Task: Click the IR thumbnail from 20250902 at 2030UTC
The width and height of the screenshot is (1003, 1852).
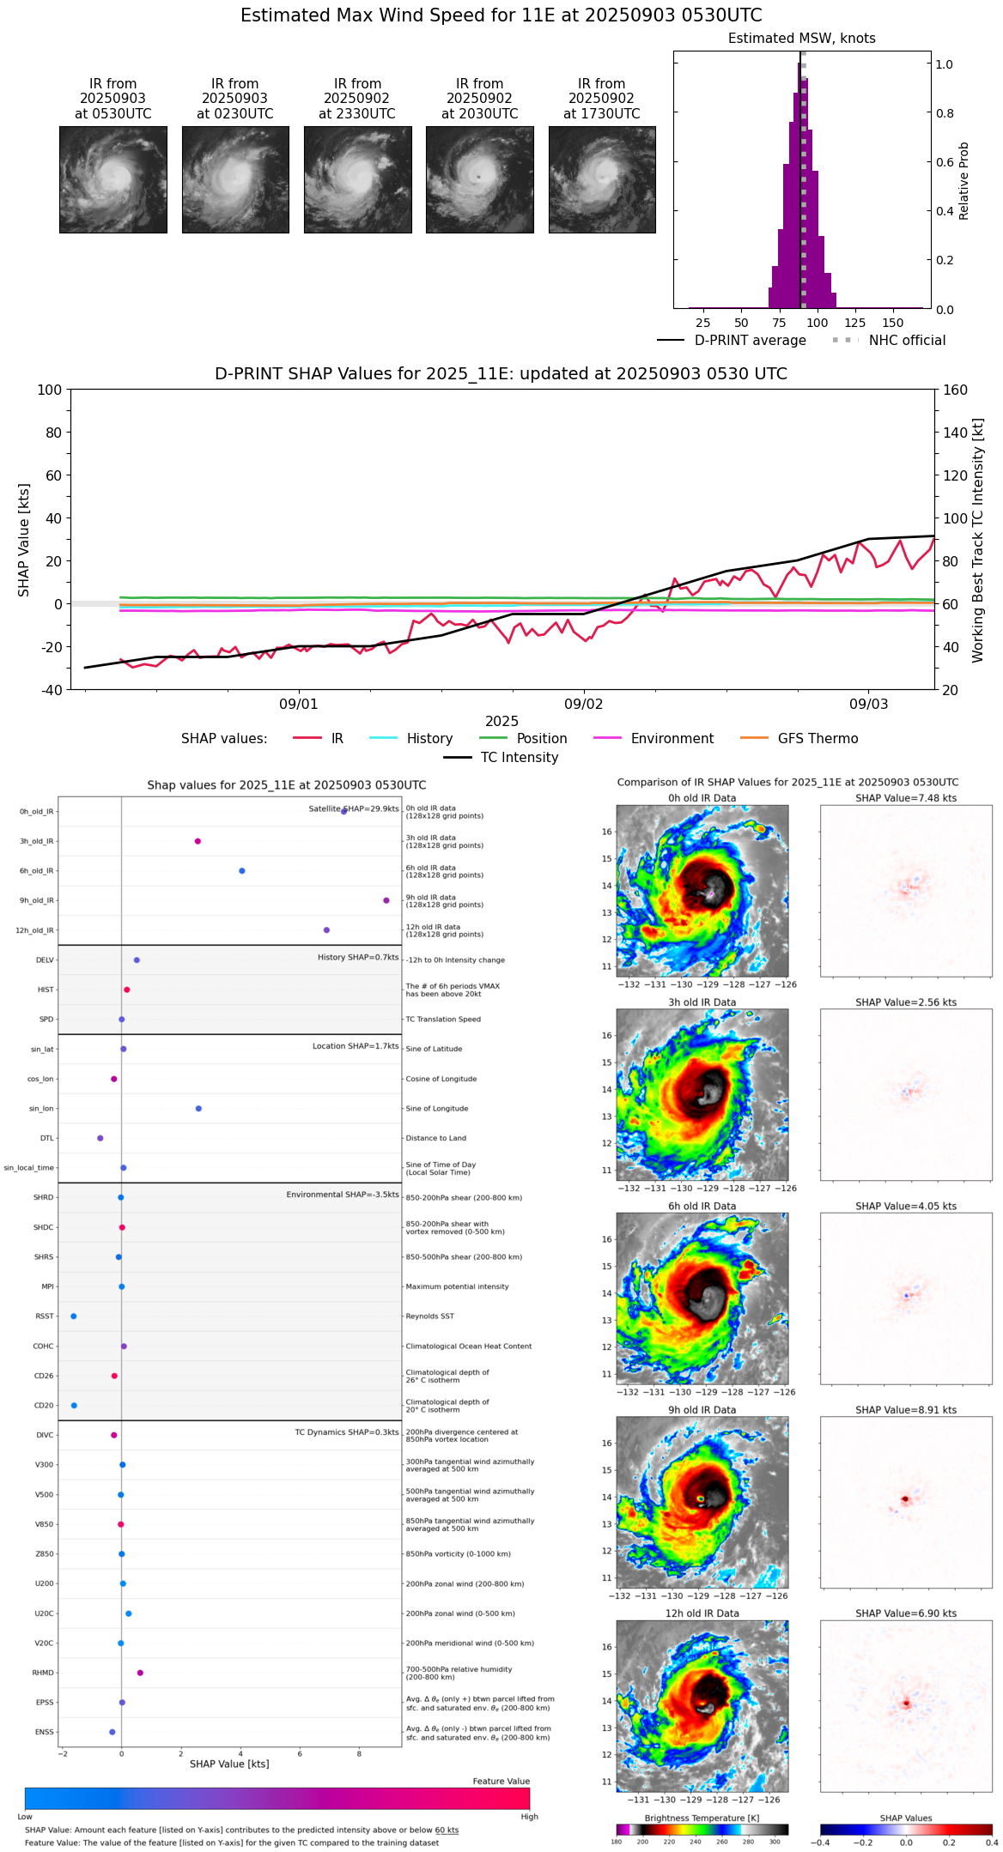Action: pyautogui.click(x=479, y=179)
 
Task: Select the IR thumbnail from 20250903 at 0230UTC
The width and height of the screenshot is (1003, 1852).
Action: pyautogui.click(x=235, y=179)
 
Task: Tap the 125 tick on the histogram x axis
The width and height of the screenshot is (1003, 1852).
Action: pyautogui.click(x=854, y=323)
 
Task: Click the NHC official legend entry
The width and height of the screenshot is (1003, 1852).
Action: pyautogui.click(x=906, y=341)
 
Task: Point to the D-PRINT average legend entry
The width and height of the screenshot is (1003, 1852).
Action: pyautogui.click(x=750, y=341)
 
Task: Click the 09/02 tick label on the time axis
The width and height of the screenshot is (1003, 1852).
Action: pyautogui.click(x=583, y=704)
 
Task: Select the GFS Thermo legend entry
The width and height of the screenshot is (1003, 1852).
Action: pyautogui.click(x=818, y=739)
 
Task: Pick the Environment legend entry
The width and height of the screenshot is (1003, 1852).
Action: pyautogui.click(x=672, y=739)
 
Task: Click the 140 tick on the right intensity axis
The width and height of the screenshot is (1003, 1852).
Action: pyautogui.click(x=955, y=433)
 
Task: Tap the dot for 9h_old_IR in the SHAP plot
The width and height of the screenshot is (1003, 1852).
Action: pyautogui.click(x=386, y=900)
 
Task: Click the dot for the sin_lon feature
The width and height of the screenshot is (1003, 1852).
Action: pyautogui.click(x=198, y=1109)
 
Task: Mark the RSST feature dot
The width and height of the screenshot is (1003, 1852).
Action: pyautogui.click(x=73, y=1316)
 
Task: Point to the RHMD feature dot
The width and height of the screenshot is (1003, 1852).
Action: pyautogui.click(x=140, y=1673)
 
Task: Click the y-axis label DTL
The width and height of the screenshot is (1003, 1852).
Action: pyautogui.click(x=46, y=1139)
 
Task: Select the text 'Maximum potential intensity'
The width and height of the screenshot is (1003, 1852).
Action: pyautogui.click(x=457, y=1287)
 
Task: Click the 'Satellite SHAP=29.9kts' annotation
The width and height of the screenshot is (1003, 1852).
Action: pyautogui.click(x=354, y=809)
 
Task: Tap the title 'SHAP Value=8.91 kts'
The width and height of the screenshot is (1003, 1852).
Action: pyautogui.click(x=905, y=1410)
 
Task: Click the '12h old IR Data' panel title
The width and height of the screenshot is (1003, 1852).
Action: pyautogui.click(x=702, y=1613)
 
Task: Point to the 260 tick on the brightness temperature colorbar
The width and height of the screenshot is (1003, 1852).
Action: pyautogui.click(x=721, y=1842)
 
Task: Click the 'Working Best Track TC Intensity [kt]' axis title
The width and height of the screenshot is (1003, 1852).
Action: pyautogui.click(x=978, y=541)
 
